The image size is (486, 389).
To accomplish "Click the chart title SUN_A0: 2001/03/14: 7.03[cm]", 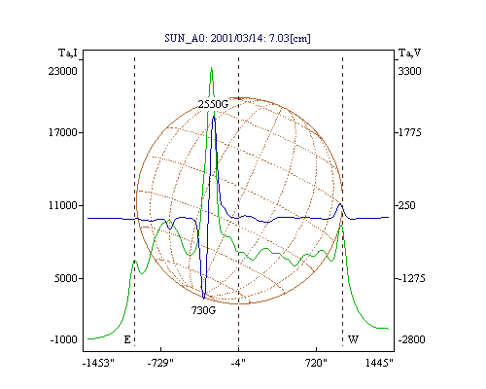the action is tap(237, 38).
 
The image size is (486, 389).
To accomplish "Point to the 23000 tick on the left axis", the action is tap(63, 71).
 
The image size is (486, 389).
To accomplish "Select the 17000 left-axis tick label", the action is tap(63, 132).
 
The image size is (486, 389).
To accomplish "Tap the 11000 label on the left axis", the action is tap(63, 205).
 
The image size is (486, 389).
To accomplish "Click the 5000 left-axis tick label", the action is tap(66, 278).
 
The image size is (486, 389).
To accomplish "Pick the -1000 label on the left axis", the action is tap(64, 339).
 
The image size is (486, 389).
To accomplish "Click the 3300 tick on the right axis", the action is tap(409, 71).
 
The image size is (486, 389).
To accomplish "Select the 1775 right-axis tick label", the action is tap(409, 132).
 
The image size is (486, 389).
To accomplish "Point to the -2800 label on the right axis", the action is tap(411, 339).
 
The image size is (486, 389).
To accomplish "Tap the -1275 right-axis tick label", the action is tap(411, 278).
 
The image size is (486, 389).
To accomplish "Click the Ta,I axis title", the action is tap(68, 53).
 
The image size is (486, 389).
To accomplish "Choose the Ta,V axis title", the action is tap(410, 53).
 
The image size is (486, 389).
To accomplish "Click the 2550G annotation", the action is tap(213, 104).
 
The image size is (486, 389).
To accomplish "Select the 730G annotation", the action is tap(203, 310).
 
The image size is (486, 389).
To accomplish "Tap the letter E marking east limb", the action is tap(127, 339).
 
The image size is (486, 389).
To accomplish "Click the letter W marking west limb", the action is tap(353, 339).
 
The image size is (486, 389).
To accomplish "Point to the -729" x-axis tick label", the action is tap(160, 363).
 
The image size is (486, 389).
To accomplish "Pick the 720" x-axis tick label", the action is tap(316, 363).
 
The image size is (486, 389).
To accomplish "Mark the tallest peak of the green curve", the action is tap(211, 67).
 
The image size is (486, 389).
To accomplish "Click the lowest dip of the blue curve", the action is tap(203, 298).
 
